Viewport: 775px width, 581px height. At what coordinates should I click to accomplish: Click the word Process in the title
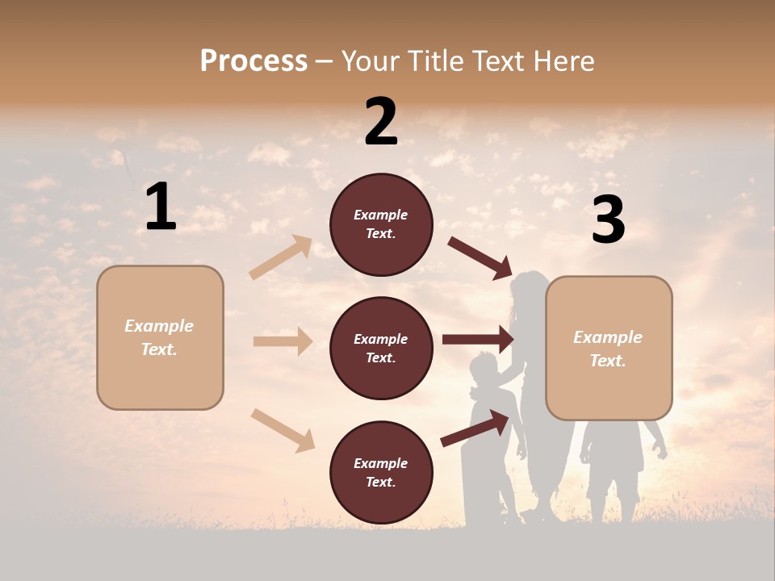pos(253,61)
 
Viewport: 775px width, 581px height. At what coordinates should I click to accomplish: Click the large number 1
pos(161,207)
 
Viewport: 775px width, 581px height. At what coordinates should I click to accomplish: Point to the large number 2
pos(381,122)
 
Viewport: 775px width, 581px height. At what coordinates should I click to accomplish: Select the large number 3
pos(608,220)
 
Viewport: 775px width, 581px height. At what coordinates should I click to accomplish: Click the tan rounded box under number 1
pos(160,337)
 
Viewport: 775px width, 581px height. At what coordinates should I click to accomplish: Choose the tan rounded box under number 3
pos(609,349)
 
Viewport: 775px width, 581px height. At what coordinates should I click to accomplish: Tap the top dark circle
pos(381,224)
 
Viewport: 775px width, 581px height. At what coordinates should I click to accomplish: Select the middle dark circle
pos(381,349)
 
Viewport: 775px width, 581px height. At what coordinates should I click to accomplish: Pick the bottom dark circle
pos(381,473)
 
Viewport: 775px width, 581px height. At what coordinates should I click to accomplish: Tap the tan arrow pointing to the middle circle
pos(283,341)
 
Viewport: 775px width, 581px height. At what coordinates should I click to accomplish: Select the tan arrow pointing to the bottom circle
pos(283,430)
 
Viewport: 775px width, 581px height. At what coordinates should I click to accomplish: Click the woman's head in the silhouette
pos(530,288)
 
